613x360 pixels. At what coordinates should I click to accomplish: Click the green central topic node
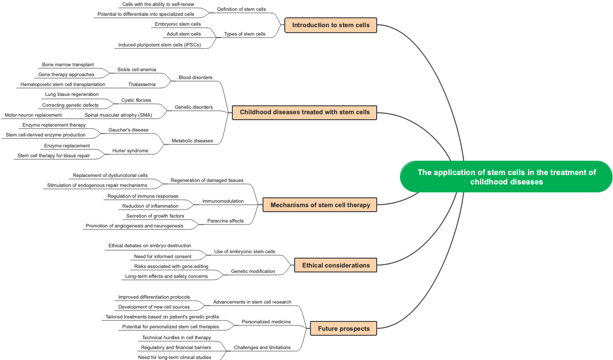[506, 177]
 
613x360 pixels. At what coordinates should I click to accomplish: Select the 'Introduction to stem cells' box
[331, 25]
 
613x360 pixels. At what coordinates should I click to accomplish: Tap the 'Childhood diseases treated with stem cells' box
[305, 112]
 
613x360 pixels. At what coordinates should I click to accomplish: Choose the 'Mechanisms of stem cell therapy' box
[320, 205]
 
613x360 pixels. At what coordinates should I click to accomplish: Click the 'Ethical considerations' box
[336, 266]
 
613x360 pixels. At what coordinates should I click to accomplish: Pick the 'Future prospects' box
[344, 329]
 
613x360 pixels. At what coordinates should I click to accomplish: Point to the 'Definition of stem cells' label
[241, 9]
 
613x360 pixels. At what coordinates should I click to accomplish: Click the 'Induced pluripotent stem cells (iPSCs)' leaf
[159, 45]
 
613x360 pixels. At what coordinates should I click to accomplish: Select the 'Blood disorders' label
[195, 78]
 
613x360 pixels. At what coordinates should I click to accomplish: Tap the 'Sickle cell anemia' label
[136, 70]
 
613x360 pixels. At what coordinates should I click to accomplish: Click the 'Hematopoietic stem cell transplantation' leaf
[63, 85]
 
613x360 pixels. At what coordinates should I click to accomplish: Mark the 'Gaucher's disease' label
[129, 130]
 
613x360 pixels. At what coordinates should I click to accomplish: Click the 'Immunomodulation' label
[223, 201]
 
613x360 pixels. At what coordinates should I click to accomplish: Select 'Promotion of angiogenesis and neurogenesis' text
[134, 226]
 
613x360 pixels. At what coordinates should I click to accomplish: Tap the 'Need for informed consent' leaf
[163, 257]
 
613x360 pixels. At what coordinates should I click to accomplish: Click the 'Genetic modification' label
[253, 271]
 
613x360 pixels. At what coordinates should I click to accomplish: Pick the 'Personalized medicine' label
[266, 322]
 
